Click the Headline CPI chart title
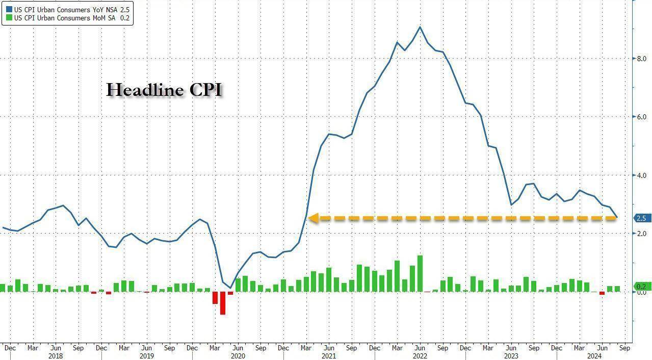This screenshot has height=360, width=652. tap(164, 90)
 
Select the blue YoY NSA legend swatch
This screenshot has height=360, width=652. tap(9, 9)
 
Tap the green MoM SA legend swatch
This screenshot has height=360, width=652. tap(9, 18)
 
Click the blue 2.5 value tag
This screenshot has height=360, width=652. tap(641, 218)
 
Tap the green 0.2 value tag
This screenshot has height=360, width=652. tap(641, 287)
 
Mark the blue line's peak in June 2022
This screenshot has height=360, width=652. tap(420, 27)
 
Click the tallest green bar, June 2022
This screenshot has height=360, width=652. tap(420, 273)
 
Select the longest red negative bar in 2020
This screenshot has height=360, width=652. tap(223, 303)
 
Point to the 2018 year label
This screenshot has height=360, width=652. tap(56, 356)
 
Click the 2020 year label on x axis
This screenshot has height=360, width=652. tap(238, 356)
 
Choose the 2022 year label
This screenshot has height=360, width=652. tap(420, 356)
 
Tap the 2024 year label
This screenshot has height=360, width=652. tap(594, 356)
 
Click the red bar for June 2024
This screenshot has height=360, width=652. tap(602, 293)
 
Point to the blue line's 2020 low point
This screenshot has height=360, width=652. tap(230, 288)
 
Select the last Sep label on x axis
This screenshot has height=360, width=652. tap(624, 348)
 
